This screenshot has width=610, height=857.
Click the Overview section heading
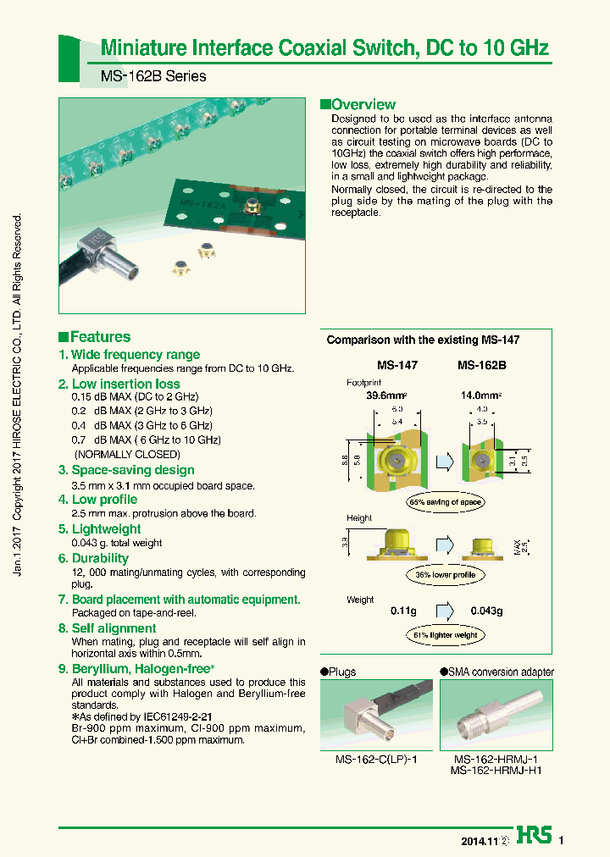(358, 105)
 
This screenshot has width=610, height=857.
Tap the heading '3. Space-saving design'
(126, 470)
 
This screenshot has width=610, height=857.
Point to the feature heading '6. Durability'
(93, 558)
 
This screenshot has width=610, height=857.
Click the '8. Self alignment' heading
(107, 628)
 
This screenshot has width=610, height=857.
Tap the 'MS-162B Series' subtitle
(153, 76)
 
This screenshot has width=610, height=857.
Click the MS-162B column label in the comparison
(481, 365)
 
